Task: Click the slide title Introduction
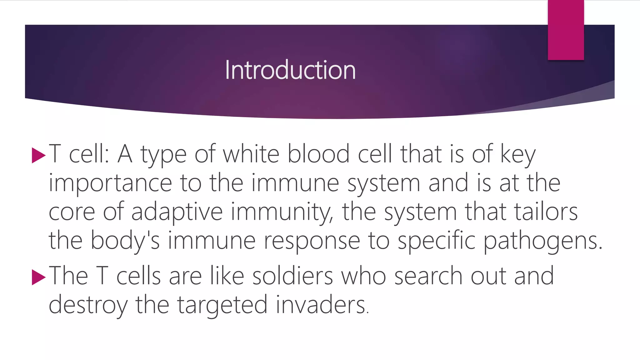[290, 70]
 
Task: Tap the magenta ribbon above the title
[566, 30]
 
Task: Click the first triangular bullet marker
[38, 155]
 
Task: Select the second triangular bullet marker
[38, 277]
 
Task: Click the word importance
[110, 183]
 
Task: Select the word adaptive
[177, 212]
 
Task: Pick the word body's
[125, 241]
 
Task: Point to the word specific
[436, 241]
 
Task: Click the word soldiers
[292, 276]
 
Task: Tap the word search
[428, 276]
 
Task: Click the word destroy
[88, 305]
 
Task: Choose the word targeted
[222, 305]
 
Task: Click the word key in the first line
[518, 154]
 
